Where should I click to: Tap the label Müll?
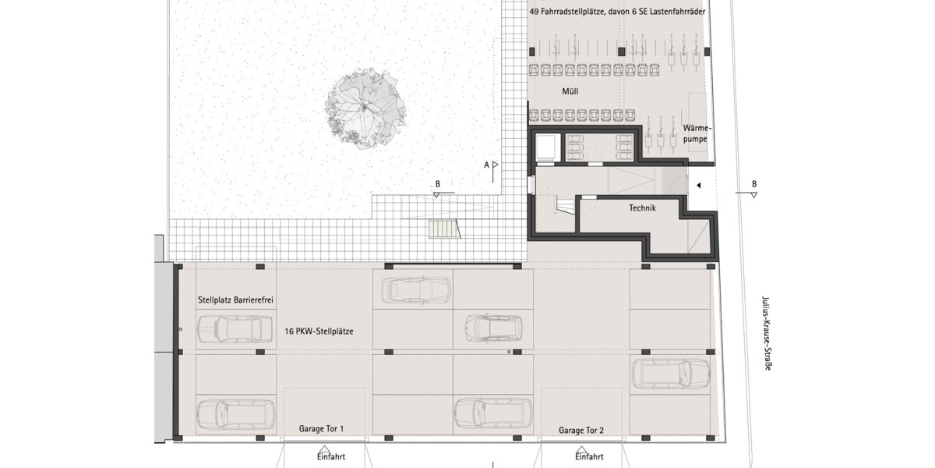pyautogui.click(x=570, y=92)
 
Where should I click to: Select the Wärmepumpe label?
pyautogui.click(x=697, y=133)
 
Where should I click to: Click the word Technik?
pyautogui.click(x=642, y=208)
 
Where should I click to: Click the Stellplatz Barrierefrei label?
pyautogui.click(x=235, y=300)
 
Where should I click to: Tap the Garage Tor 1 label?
pyautogui.click(x=321, y=430)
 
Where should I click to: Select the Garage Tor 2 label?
pyautogui.click(x=580, y=430)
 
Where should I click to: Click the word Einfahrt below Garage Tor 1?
pyautogui.click(x=330, y=457)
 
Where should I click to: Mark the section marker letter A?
pyautogui.click(x=486, y=165)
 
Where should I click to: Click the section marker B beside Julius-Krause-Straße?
pyautogui.click(x=753, y=185)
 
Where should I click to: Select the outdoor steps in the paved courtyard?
pyautogui.click(x=444, y=229)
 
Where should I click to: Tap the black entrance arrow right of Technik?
pyautogui.click(x=699, y=185)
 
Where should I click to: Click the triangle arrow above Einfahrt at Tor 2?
pyautogui.click(x=580, y=448)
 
